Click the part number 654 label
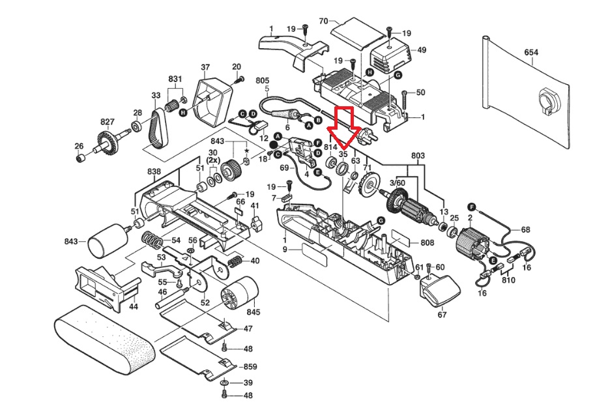tap(531, 52)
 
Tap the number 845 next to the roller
tap(253, 312)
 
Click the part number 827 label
tap(108, 122)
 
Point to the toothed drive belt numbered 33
tap(158, 128)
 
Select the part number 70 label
tap(323, 21)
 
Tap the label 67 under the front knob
tap(442, 315)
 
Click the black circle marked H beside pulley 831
tap(183, 112)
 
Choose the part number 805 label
tap(263, 81)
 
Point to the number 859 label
tap(250, 366)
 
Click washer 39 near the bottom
tap(225, 383)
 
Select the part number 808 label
tap(427, 242)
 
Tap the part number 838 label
tap(154, 171)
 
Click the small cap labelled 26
tap(80, 158)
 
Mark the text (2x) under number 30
tap(213, 160)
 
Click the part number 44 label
tap(134, 307)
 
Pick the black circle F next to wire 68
tap(472, 206)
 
